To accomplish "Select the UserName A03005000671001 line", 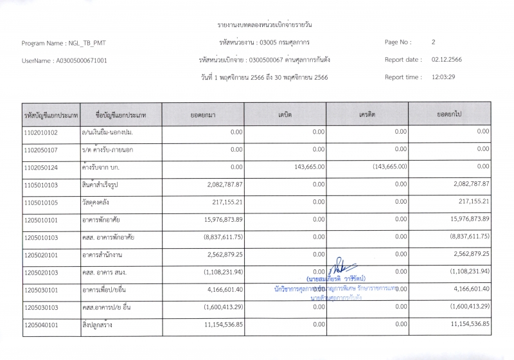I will (x=64, y=60).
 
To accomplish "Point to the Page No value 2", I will (x=434, y=42).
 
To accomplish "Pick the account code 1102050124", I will (x=42, y=167).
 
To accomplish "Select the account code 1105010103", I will (x=42, y=184).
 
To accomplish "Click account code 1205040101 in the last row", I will (x=42, y=325).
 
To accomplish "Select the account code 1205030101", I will (x=42, y=290).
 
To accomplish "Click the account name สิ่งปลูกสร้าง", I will (x=100, y=325).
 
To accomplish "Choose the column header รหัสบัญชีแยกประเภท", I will (x=51, y=115).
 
